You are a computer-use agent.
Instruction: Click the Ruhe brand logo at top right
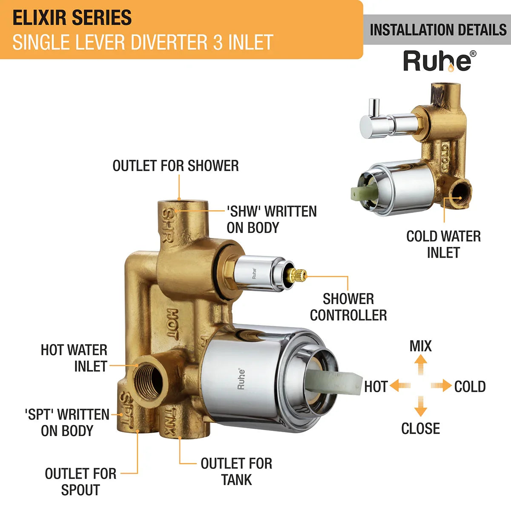439,61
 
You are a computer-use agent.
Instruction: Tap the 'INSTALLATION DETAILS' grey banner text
438,30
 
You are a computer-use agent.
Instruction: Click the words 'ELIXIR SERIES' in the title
72,18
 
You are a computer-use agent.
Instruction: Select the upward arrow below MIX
421,364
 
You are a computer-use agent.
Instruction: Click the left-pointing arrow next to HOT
400,386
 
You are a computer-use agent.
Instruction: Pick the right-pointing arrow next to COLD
441,386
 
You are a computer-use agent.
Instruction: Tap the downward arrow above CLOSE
421,406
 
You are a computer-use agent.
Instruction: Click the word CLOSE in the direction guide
420,428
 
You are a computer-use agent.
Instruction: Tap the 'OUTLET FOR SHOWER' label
175,166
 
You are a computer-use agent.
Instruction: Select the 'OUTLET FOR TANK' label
236,471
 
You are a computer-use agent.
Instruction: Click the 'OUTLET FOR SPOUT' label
80,482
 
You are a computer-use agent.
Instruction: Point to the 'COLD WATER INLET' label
443,244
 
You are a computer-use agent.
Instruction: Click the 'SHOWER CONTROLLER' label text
348,307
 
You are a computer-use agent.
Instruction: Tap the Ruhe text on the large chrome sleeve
241,379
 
